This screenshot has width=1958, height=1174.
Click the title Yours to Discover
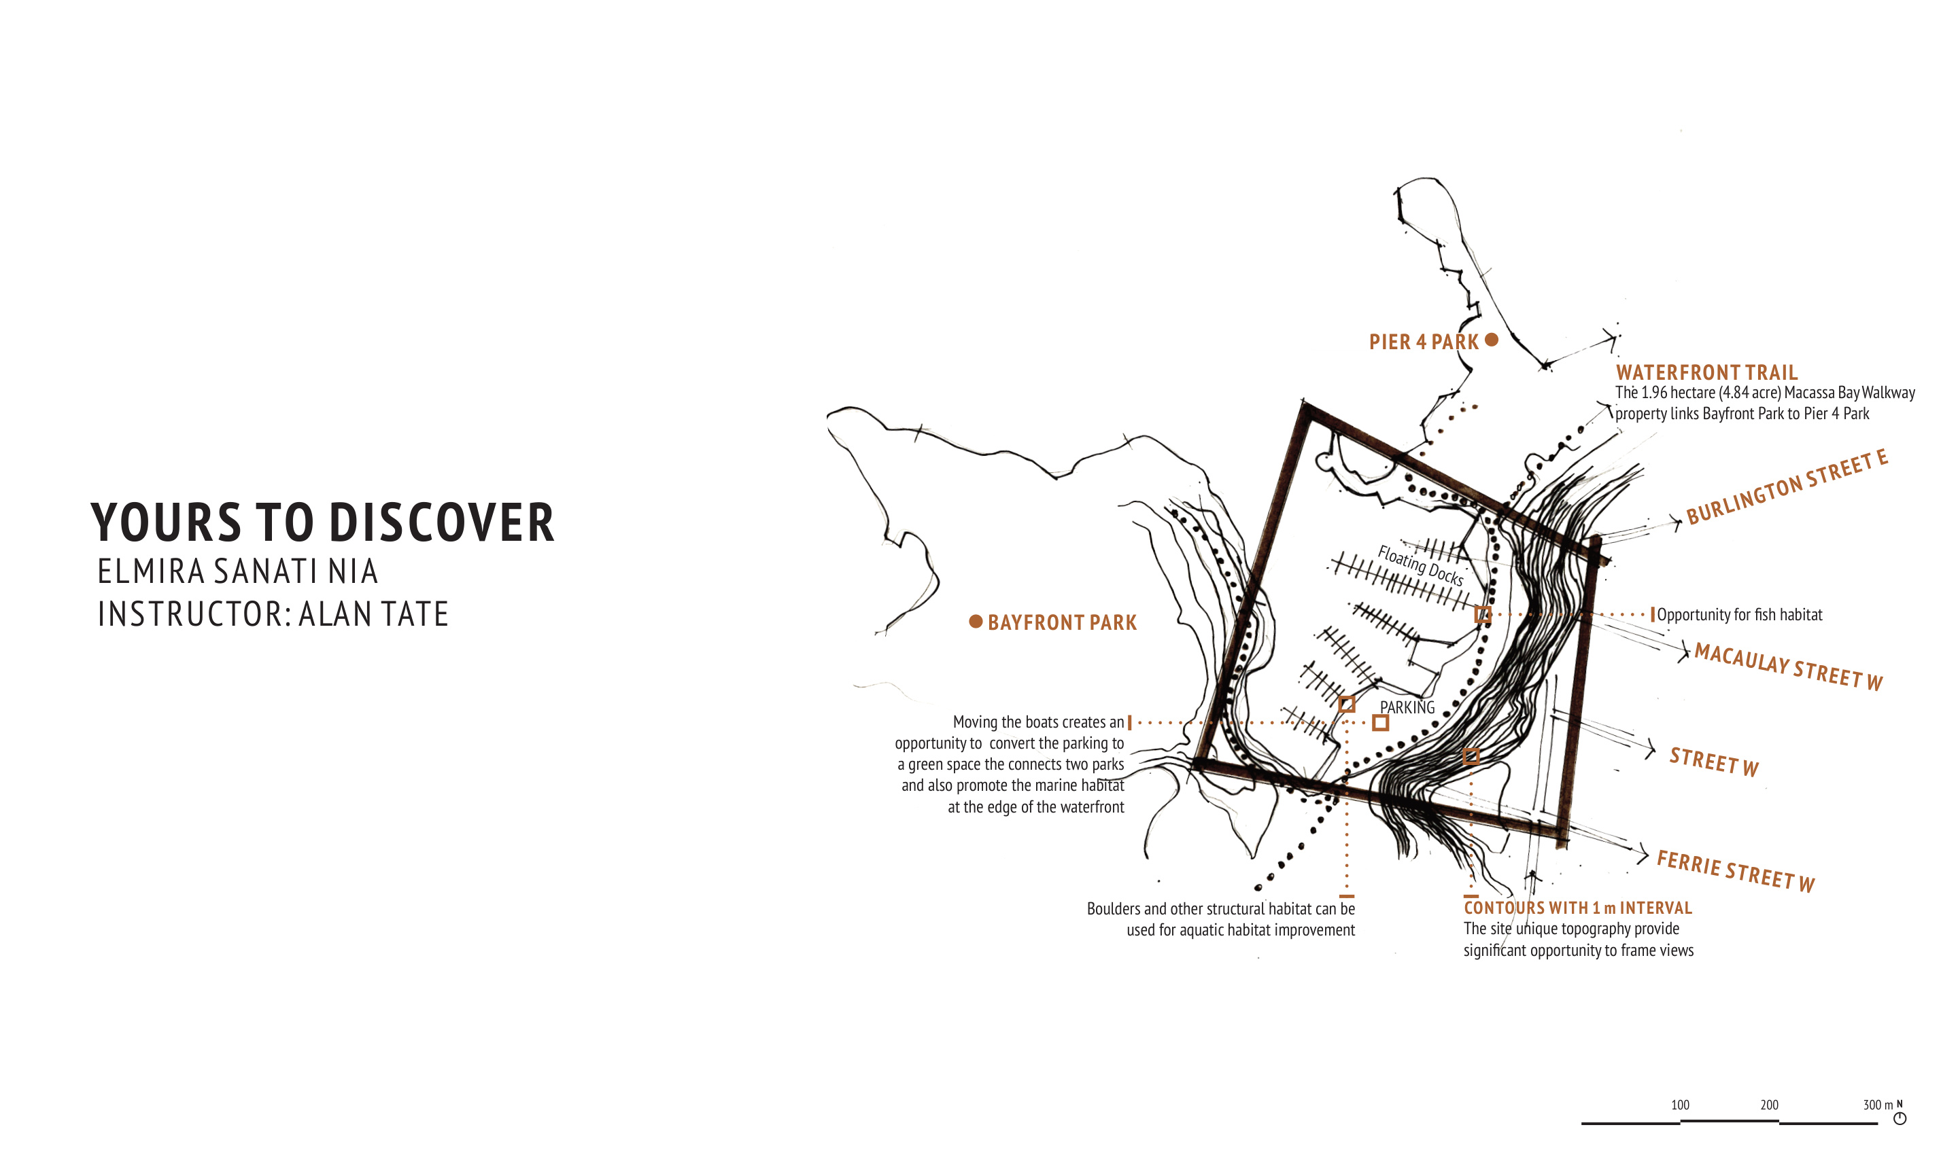pos(322,523)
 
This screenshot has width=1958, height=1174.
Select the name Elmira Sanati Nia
pos(237,572)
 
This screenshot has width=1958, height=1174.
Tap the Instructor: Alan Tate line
pos(273,615)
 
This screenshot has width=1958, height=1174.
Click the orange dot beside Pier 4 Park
pos(1492,340)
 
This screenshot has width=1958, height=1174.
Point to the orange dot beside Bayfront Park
pos(976,622)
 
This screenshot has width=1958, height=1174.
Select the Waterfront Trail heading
pos(1706,372)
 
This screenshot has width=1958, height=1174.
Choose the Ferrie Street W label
pos(1735,871)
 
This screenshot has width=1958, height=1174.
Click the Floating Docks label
pos(1421,565)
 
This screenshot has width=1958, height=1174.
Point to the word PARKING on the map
pos(1407,707)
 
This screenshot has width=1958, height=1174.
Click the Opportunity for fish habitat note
pos(1739,615)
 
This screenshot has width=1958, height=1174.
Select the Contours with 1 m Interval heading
pos(1577,908)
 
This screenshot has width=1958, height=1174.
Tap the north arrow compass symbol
pos(1900,1118)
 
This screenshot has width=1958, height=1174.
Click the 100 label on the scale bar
pos(1679,1105)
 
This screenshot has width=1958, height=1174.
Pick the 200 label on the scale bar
pos(1769,1105)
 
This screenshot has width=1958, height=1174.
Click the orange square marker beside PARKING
pos(1380,722)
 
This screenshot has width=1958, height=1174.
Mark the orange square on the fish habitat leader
pos(1482,614)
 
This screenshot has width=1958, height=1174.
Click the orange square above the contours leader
pos(1471,756)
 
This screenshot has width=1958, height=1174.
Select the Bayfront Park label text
pos(1061,622)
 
